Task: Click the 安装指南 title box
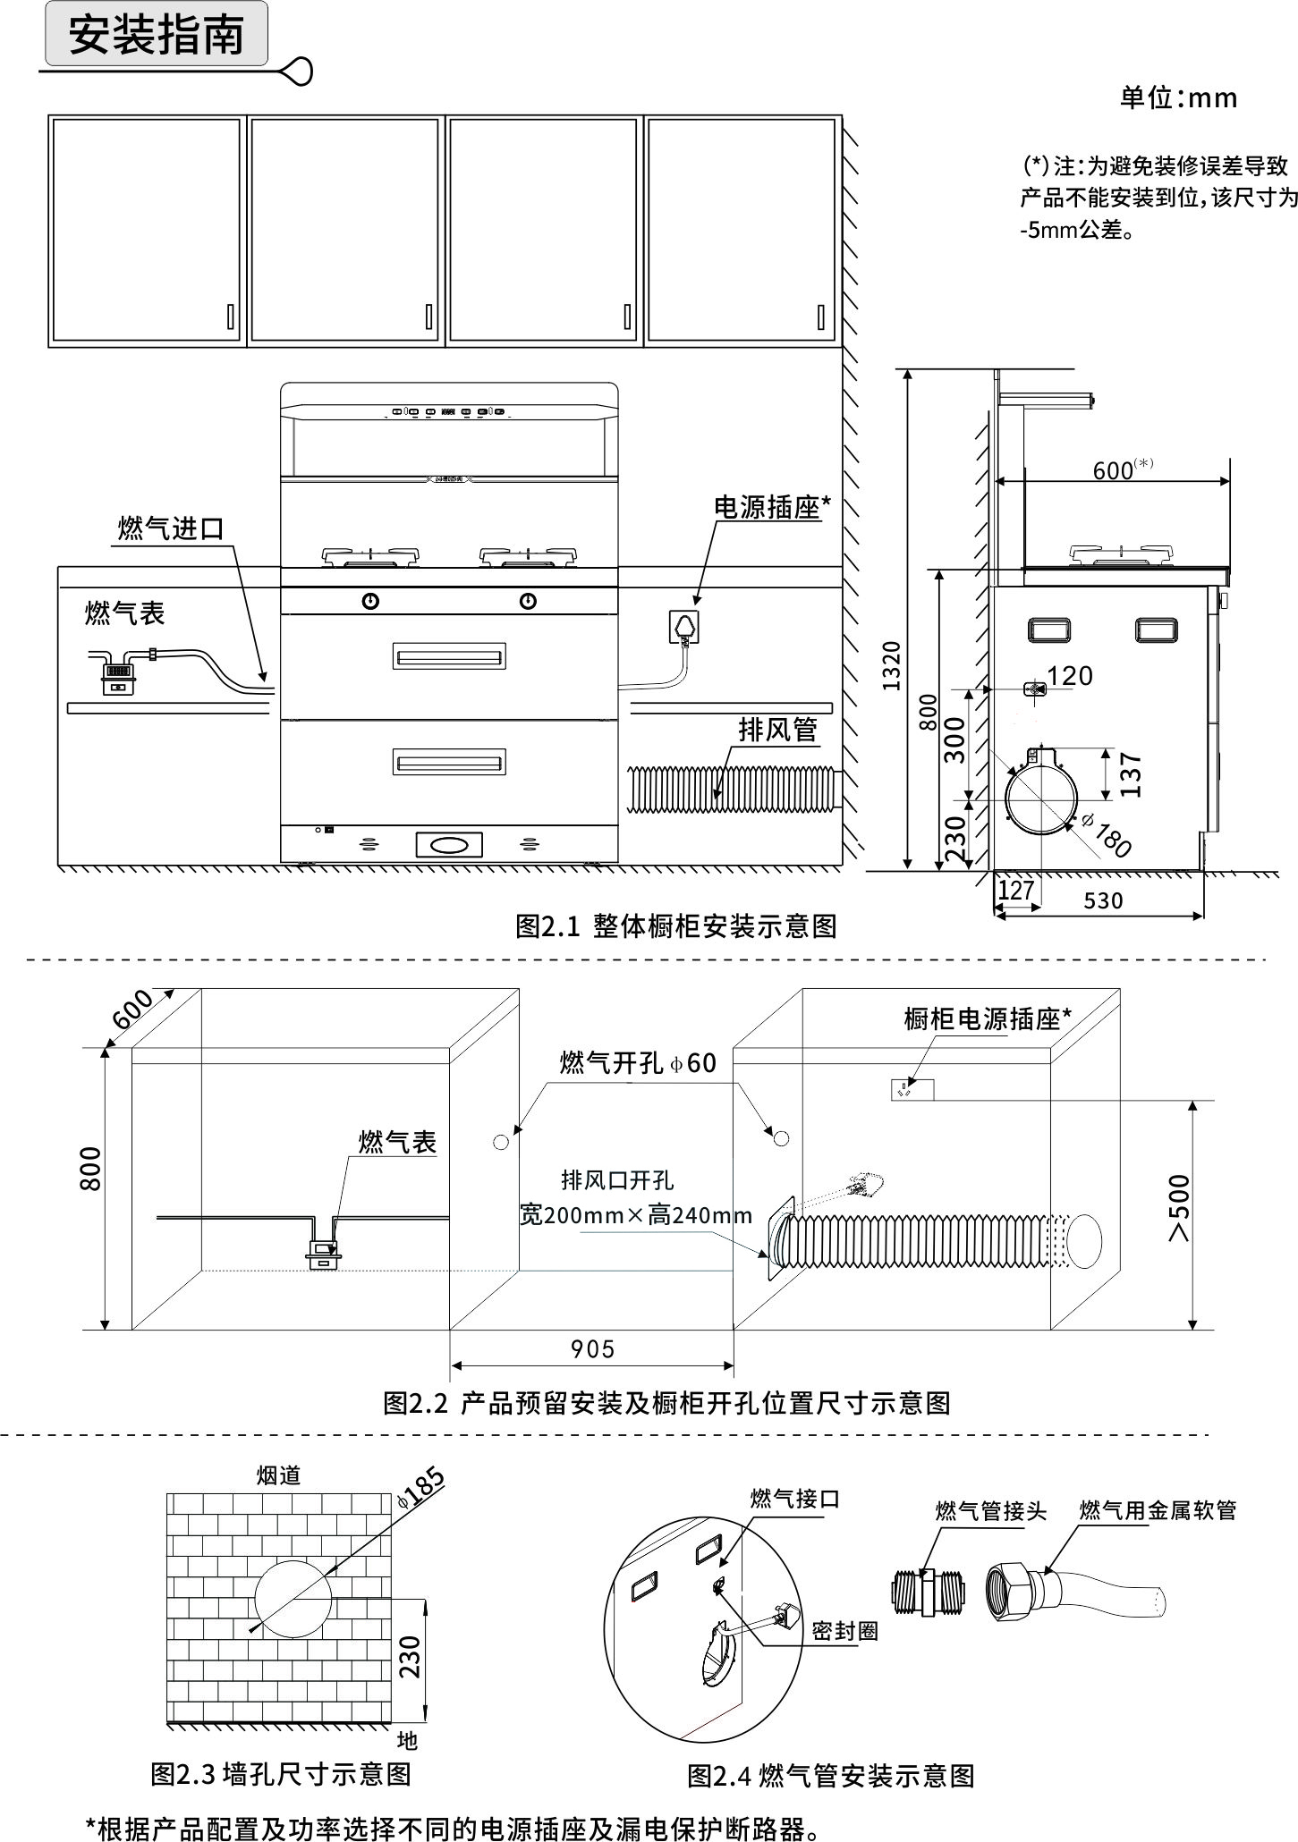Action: (157, 35)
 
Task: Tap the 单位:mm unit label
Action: (1178, 97)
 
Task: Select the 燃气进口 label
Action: (171, 528)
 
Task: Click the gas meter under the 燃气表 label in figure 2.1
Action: (117, 675)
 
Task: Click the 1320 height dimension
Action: (891, 665)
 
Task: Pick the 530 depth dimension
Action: (1102, 901)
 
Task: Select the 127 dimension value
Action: (1015, 891)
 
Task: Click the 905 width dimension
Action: (592, 1348)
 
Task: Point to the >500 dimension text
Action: (1180, 1208)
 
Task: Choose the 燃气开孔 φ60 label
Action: (638, 1063)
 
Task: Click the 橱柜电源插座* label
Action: (988, 1018)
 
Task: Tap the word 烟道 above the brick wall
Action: (278, 1475)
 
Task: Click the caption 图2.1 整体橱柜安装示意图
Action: (675, 926)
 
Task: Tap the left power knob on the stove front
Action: (370, 601)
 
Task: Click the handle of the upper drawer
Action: (449, 657)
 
